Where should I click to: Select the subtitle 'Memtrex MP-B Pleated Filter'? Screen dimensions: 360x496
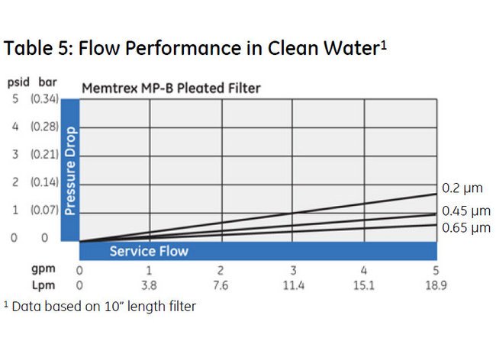click(x=171, y=88)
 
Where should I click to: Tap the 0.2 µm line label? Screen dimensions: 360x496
click(x=462, y=188)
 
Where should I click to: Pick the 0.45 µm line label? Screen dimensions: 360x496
click(x=466, y=211)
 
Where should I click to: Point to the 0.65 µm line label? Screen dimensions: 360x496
click(x=466, y=228)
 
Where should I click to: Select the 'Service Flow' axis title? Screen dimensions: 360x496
click(x=149, y=251)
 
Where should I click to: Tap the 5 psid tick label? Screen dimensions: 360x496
click(x=14, y=98)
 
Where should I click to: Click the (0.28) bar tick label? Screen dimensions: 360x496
click(x=44, y=127)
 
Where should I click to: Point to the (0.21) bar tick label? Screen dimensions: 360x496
click(x=44, y=154)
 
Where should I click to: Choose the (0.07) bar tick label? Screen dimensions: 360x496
click(x=44, y=209)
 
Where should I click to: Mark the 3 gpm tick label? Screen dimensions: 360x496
click(x=292, y=270)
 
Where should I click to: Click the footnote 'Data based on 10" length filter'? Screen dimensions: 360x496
click(x=102, y=307)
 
